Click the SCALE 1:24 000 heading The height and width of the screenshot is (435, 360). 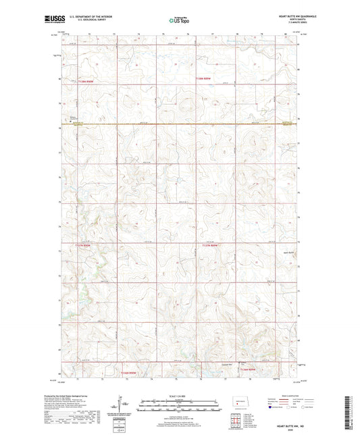click(x=179, y=395)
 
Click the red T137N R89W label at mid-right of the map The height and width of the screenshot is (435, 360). click(x=210, y=245)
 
